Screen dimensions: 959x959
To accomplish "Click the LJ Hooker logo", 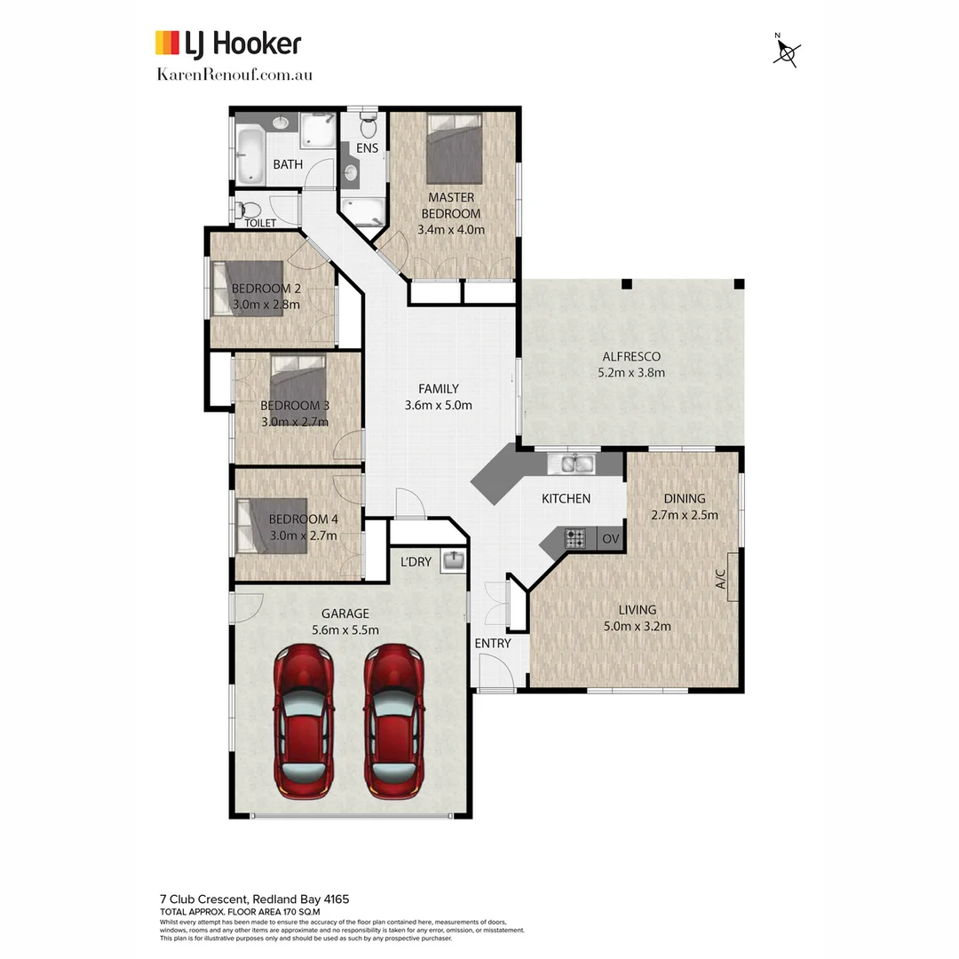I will pos(228,43).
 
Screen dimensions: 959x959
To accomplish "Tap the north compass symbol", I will pos(786,52).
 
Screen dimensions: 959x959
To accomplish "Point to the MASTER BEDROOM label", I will pos(451,205).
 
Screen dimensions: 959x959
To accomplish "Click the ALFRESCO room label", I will pos(630,357).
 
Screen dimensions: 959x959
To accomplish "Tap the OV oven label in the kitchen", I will pos(611,538).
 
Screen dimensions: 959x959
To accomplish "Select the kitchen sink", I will pos(575,463).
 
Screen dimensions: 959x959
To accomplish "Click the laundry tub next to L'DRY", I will pos(453,561).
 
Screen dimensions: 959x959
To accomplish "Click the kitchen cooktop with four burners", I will pos(575,538).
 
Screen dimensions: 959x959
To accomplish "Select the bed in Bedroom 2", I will pos(253,289).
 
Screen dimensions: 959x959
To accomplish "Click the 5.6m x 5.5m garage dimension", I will pos(345,630).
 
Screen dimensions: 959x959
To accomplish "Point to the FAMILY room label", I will pos(439,389).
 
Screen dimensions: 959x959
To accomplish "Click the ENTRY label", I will pos(492,643).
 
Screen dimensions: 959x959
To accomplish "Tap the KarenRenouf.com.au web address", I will pos(234,75).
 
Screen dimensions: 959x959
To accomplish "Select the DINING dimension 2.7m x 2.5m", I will pos(684,514).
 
